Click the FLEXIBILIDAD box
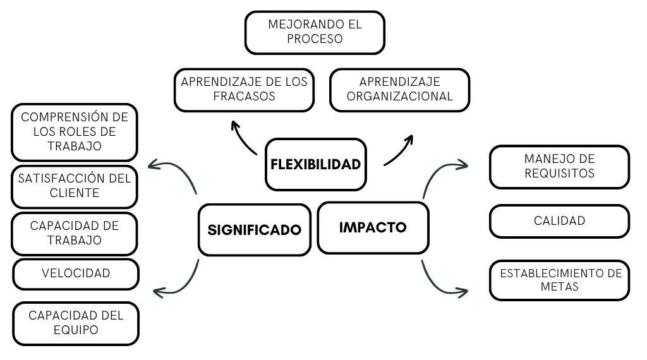pos(315,164)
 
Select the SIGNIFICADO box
pos(254,229)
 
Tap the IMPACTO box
pos(373,227)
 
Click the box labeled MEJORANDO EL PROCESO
pos(315,32)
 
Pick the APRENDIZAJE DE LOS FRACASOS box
pos(244,89)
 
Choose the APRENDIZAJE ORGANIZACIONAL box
pos(400,89)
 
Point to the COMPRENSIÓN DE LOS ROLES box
pos(75,132)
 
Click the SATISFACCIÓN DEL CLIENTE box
pos(75,186)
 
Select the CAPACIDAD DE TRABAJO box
pos(75,232)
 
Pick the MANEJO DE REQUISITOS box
pos(559,166)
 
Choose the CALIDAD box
pos(559,221)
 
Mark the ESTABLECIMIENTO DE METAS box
pos(559,280)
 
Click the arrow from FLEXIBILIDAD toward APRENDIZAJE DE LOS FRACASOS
pos(243,138)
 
